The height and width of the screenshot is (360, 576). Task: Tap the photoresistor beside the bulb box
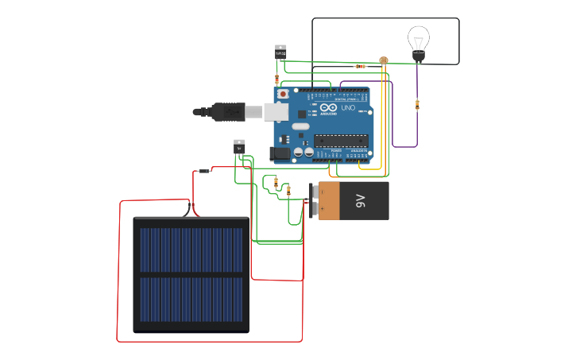[384, 60]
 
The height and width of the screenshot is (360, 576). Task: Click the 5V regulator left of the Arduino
[239, 146]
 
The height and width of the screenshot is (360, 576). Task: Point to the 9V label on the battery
[360, 200]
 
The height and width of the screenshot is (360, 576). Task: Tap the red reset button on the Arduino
[282, 94]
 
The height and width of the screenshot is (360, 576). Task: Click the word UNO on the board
[348, 108]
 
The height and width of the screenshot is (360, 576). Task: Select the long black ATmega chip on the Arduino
[341, 141]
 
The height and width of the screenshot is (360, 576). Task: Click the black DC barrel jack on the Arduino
[280, 153]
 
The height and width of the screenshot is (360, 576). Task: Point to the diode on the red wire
[204, 171]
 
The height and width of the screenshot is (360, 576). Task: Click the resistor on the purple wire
[417, 104]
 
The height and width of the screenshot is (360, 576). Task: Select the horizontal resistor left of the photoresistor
[360, 66]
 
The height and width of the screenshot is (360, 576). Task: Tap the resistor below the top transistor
[276, 79]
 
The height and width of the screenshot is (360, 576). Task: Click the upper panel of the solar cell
[191, 250]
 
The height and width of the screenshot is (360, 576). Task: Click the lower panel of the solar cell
[191, 299]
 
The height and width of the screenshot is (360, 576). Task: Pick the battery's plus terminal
[314, 192]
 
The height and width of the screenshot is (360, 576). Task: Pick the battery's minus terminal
[314, 210]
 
